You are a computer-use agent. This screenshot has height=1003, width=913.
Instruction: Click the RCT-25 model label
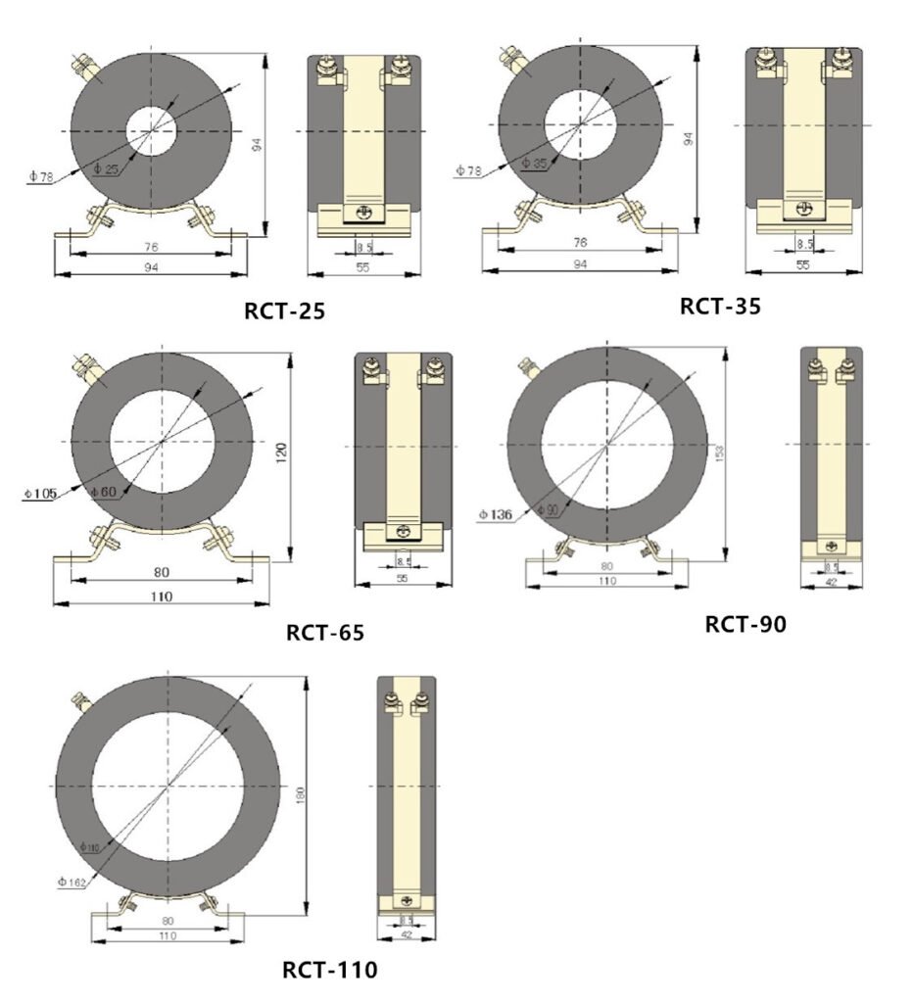coord(284,311)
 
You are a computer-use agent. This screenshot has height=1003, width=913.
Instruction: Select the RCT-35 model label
coord(720,306)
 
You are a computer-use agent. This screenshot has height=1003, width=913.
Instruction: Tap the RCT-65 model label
coord(325,633)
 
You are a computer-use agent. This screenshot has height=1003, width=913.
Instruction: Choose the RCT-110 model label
coord(329,971)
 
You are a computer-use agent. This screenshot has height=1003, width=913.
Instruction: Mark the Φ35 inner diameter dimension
coord(534,163)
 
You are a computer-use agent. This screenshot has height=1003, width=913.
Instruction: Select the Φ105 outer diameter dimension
coord(38,493)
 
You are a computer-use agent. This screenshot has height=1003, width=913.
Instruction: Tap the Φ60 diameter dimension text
coord(102,490)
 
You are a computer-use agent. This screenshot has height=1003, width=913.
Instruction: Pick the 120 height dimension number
coord(281,453)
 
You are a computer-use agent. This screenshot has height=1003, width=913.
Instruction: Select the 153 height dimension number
coord(718,454)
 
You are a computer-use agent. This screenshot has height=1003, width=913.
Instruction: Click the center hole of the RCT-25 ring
coord(152,130)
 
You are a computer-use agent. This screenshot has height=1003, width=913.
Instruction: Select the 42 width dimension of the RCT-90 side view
coord(831,583)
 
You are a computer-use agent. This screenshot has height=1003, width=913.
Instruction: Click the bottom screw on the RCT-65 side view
coord(403,533)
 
